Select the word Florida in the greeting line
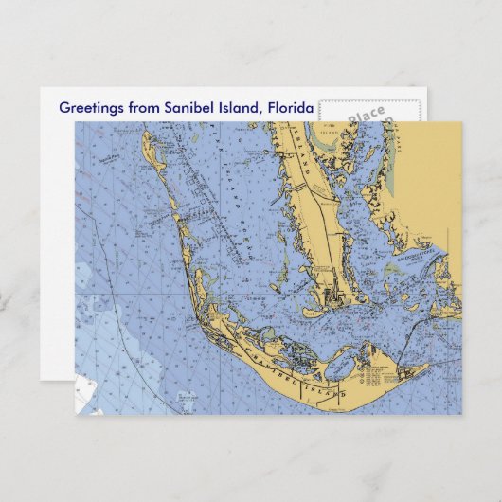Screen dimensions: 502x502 point(291,107)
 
